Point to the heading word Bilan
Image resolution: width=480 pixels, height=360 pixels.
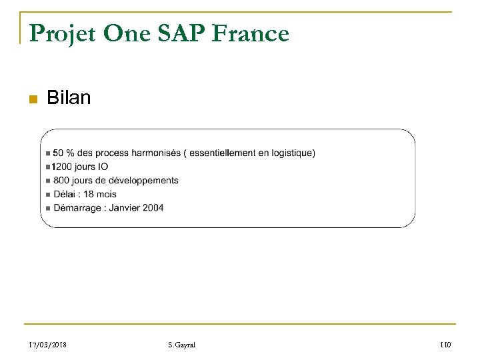coord(69,99)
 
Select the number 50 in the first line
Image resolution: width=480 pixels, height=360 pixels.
coord(58,153)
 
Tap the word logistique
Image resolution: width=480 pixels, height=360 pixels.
coord(289,153)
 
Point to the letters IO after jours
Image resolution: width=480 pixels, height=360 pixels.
coord(102,167)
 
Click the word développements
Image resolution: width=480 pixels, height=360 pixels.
coord(144,181)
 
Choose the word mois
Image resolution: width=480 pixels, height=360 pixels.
coord(105,194)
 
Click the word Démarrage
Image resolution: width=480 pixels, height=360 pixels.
coord(75,208)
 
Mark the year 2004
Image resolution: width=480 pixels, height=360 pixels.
coord(153,208)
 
